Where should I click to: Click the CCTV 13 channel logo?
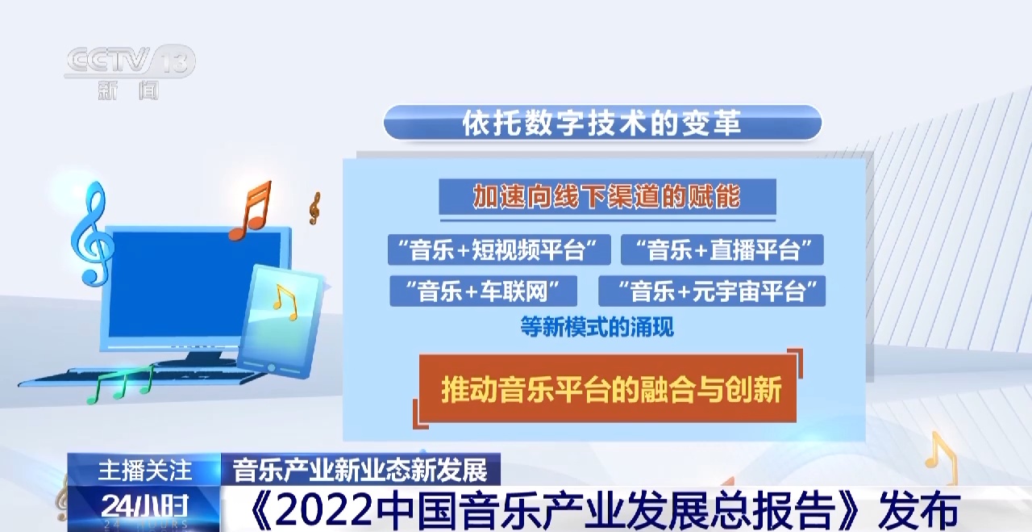tap(130, 72)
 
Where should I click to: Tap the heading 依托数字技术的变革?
tap(602, 123)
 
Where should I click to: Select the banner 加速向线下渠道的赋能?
tap(607, 196)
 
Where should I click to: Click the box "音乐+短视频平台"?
tap(499, 249)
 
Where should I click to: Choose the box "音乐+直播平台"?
tap(722, 249)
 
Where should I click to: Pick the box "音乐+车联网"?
tap(483, 291)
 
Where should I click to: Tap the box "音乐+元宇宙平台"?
tap(712, 291)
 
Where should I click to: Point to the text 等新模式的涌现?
tap(597, 327)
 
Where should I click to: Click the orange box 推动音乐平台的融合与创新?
tap(608, 388)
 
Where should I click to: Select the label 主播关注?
tap(144, 470)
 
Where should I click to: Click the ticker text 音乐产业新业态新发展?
tap(360, 470)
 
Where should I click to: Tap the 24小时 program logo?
tap(144, 509)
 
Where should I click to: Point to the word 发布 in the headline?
tap(919, 510)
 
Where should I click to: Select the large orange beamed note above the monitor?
tap(250, 211)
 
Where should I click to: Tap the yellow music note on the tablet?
tap(285, 302)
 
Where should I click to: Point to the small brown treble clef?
tap(314, 208)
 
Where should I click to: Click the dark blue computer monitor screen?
tap(195, 285)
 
